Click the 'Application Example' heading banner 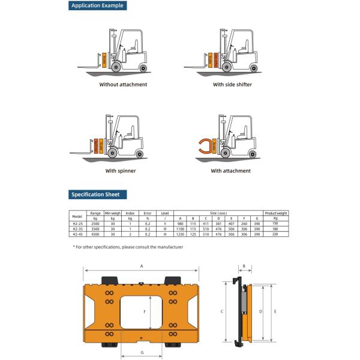[97, 6]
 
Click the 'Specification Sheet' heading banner [95, 194]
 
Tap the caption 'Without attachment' [123, 85]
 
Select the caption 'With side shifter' [232, 85]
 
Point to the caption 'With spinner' [120, 170]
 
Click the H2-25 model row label [77, 223]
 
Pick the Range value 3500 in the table [95, 229]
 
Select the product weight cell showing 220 [275, 234]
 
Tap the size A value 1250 [179, 234]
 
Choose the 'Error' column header [147, 213]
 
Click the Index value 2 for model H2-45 [130, 234]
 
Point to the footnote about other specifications [127, 247]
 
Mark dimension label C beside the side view [221, 312]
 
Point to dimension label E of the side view [275, 312]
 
